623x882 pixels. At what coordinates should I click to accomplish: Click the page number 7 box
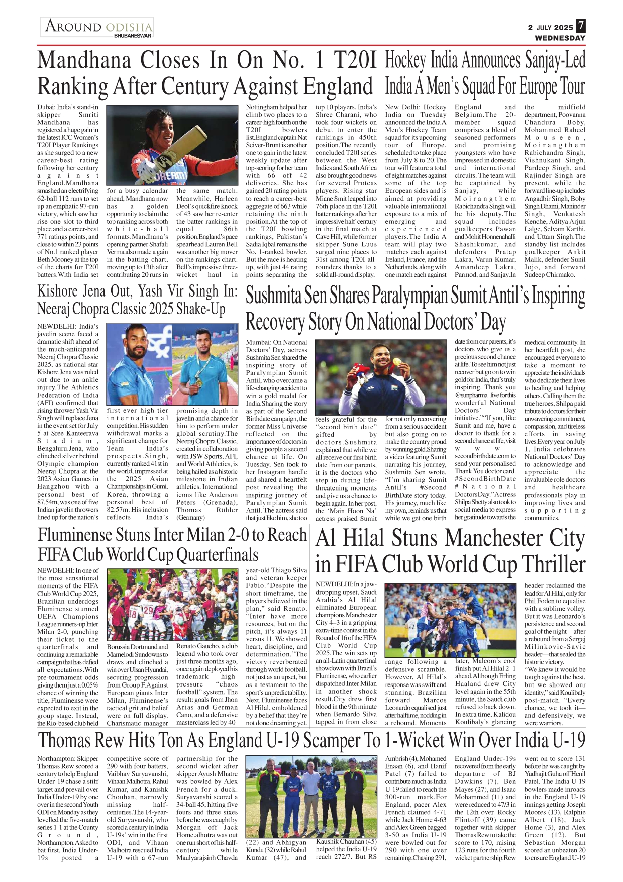[580, 26]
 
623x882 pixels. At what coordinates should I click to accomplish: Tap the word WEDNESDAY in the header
[560, 38]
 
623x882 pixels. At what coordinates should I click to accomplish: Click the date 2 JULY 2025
[550, 27]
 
